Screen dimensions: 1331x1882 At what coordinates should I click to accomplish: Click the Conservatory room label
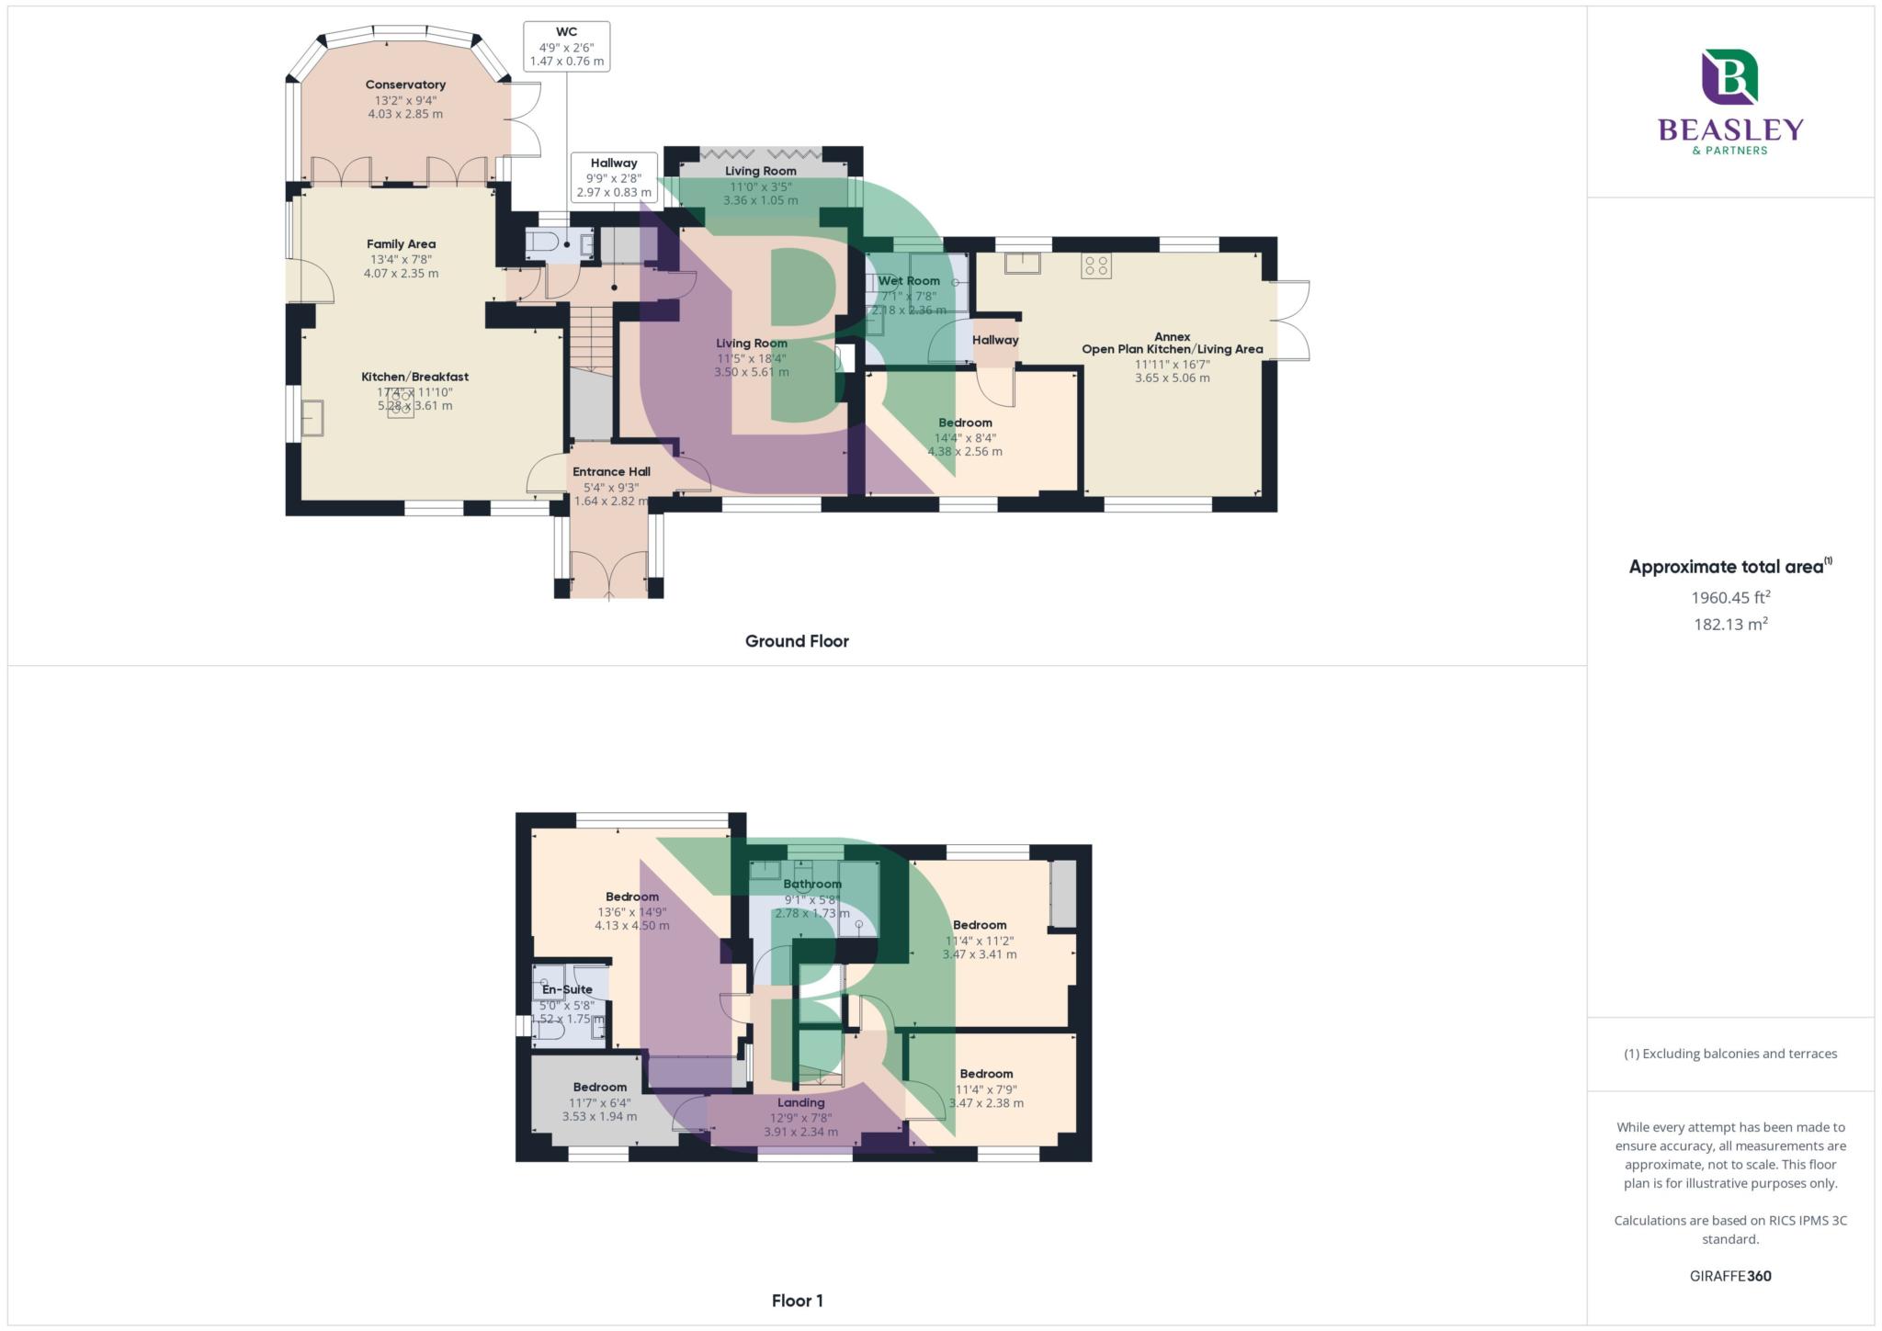pyautogui.click(x=405, y=85)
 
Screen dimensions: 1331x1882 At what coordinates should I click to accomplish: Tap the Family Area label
pyautogui.click(x=401, y=243)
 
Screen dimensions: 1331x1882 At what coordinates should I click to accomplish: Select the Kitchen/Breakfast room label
pyautogui.click(x=414, y=377)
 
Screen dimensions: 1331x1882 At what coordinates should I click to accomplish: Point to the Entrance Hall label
pyautogui.click(x=611, y=471)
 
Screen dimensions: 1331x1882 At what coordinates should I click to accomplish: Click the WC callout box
pyautogui.click(x=567, y=46)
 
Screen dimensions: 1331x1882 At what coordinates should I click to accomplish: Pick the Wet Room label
pyautogui.click(x=909, y=281)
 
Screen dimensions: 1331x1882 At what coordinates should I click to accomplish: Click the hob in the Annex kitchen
pyautogui.click(x=1096, y=266)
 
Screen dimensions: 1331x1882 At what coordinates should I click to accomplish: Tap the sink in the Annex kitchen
pyautogui.click(x=1023, y=264)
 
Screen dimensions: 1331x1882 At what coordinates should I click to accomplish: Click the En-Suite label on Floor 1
pyautogui.click(x=567, y=989)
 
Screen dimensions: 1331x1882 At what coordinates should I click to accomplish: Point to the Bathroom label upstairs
pyautogui.click(x=812, y=884)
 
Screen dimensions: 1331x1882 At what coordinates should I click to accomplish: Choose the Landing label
pyautogui.click(x=801, y=1102)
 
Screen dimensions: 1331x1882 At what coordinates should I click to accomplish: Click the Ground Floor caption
pyautogui.click(x=797, y=641)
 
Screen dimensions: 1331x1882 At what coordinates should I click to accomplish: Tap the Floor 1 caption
pyautogui.click(x=798, y=1301)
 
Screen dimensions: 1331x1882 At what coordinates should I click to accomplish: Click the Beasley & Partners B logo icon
pyautogui.click(x=1729, y=77)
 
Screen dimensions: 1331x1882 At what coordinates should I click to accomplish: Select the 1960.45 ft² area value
pyautogui.click(x=1730, y=597)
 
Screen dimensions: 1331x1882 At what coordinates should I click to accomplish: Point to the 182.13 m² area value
pyautogui.click(x=1730, y=625)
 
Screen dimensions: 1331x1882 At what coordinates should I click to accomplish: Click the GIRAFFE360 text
pyautogui.click(x=1730, y=1276)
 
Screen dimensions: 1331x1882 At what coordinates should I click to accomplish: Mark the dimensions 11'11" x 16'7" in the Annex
pyautogui.click(x=1172, y=364)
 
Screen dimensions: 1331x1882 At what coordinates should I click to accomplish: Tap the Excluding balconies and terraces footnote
pyautogui.click(x=1730, y=1054)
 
